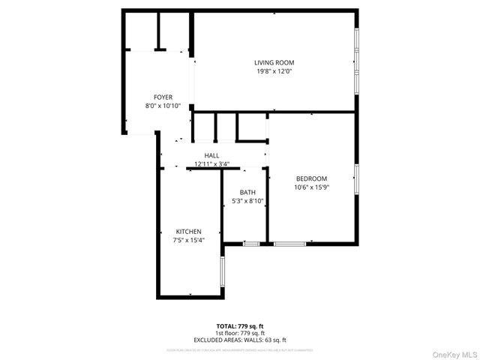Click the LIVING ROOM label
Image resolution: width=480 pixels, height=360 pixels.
(274, 62)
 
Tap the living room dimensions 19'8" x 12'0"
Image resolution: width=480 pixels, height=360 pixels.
(274, 72)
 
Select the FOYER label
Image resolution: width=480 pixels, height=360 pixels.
(163, 97)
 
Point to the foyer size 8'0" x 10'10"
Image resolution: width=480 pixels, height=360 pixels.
(163, 106)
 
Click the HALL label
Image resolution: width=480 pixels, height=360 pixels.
(212, 155)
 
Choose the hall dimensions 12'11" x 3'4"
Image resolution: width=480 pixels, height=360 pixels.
(212, 164)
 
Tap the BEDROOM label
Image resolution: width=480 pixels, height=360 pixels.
(311, 178)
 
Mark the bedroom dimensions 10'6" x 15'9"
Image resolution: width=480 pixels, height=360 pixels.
(311, 187)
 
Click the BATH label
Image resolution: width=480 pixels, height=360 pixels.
(247, 192)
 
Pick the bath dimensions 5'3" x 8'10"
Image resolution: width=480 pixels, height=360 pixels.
(247, 201)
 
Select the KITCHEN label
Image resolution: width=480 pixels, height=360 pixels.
(189, 231)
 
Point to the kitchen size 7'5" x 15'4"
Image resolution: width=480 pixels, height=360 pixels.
(189, 240)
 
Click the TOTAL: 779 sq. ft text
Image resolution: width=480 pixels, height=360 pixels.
(240, 325)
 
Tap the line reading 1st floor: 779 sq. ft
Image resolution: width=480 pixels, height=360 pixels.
(240, 332)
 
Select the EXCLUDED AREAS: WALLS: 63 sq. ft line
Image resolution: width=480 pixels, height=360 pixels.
(240, 340)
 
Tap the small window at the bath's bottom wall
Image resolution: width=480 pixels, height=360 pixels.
(252, 243)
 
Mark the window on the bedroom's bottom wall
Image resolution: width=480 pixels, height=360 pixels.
(289, 243)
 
